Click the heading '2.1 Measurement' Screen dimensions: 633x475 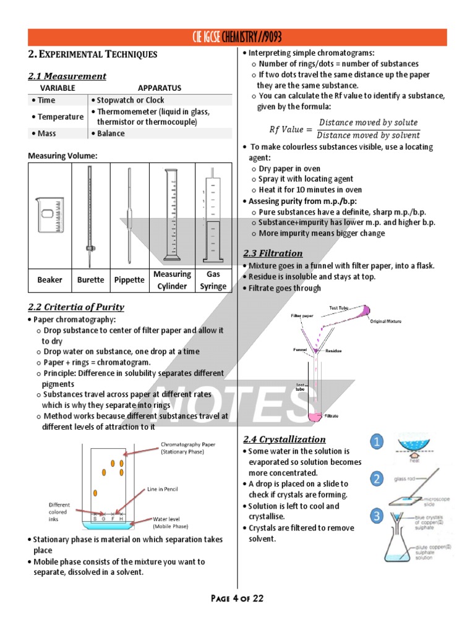(x=67, y=76)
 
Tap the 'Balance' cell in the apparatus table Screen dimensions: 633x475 (x=110, y=134)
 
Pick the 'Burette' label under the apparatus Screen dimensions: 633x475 (x=90, y=280)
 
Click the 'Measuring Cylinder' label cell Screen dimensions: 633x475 (x=173, y=280)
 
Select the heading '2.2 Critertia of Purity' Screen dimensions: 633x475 (x=76, y=307)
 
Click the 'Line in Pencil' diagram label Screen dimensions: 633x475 (x=162, y=489)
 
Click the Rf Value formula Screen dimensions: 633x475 (x=344, y=129)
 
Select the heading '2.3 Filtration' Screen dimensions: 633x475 (x=273, y=253)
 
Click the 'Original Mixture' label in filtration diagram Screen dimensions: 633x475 (x=388, y=321)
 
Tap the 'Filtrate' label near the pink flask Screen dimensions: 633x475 (x=332, y=416)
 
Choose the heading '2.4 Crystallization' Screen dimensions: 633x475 (x=284, y=439)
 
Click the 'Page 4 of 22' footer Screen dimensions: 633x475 (x=237, y=598)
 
